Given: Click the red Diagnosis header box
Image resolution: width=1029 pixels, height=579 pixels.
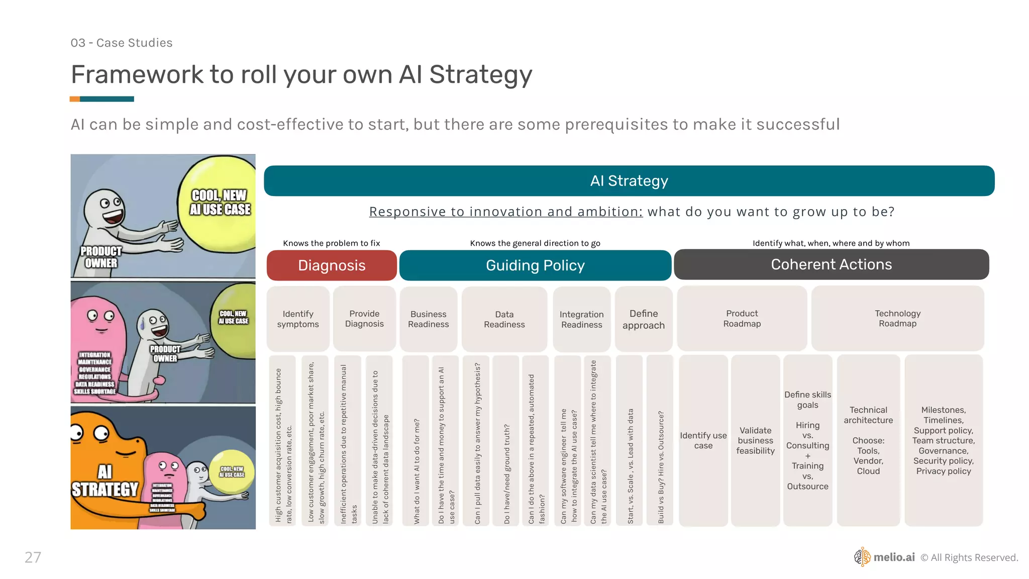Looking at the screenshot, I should pos(332,265).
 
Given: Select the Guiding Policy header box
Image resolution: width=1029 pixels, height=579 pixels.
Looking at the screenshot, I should pos(535,265).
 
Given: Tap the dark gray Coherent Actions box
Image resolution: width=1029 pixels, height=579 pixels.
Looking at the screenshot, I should pos(831,264).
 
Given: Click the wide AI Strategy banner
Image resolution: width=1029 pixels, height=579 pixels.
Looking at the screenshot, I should pos(629,181).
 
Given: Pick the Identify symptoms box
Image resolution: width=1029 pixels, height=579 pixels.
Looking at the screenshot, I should pos(298,319).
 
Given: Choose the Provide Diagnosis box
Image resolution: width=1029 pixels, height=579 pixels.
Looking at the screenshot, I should pos(364,319).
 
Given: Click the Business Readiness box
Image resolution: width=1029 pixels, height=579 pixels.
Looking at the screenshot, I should pos(429,319).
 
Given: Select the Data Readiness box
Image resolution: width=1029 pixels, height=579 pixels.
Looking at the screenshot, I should pos(504,319).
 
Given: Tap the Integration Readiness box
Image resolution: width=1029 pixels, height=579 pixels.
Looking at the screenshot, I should pos(581,319).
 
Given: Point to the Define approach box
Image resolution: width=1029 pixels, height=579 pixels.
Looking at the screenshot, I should pos(644,319).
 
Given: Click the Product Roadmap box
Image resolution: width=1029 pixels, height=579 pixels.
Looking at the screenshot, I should pos(742,318).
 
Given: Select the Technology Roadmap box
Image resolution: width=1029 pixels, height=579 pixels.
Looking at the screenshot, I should pos(897,318).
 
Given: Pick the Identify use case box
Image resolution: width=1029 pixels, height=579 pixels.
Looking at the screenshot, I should pos(703,441).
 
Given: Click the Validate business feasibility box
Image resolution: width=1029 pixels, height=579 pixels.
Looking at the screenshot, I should pos(756,441).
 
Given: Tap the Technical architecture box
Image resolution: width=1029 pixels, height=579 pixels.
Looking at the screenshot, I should pos(868,441).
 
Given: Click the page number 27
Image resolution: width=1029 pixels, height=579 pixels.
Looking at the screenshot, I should pos(33,557).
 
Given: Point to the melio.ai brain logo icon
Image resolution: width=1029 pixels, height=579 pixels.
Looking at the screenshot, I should pos(862,557).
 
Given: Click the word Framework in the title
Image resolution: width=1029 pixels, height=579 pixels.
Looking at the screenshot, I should pos(137,74).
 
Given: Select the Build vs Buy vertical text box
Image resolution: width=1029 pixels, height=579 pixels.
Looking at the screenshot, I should pos(660,441).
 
